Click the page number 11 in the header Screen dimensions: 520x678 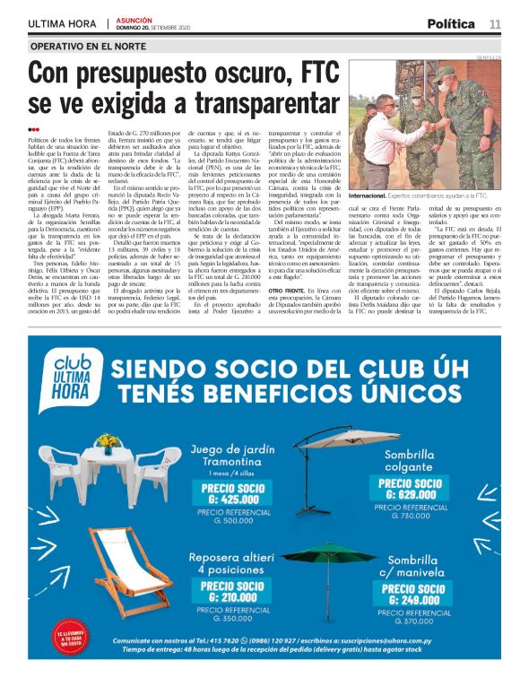coord(495,23)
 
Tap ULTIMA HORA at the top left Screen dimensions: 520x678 coord(61,23)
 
